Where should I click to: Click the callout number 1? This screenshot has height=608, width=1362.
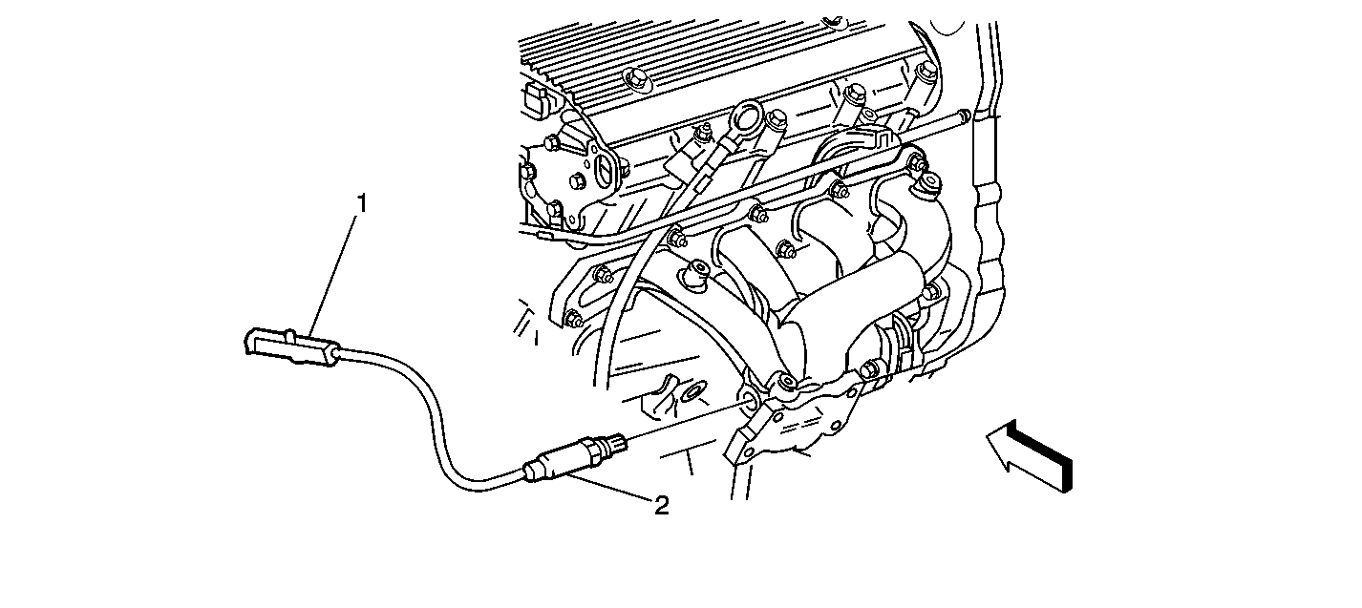[x=362, y=204]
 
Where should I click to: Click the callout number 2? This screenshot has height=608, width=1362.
[x=662, y=505]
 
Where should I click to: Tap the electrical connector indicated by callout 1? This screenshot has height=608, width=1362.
[x=290, y=346]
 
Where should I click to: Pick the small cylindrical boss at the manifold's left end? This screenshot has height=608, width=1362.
[x=695, y=272]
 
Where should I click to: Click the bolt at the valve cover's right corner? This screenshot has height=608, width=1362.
[x=925, y=71]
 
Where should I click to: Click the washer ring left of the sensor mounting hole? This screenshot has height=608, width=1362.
[x=692, y=393]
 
